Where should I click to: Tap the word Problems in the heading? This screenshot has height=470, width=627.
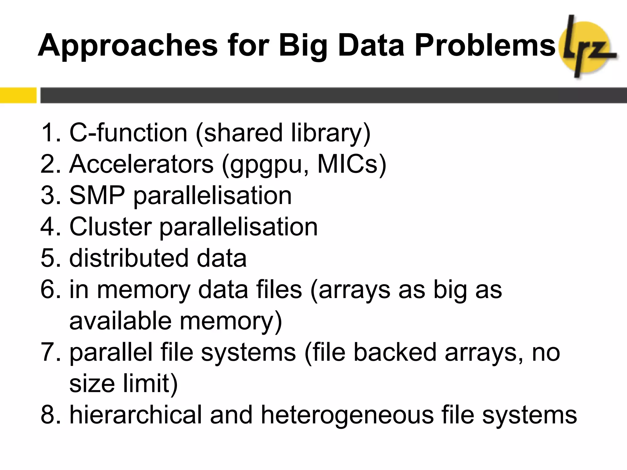pyautogui.click(x=485, y=45)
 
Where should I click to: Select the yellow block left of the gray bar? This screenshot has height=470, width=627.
pyautogui.click(x=18, y=95)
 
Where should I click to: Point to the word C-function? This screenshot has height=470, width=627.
pyautogui.click(x=128, y=133)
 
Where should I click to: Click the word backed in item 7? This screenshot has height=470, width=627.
pyautogui.click(x=395, y=352)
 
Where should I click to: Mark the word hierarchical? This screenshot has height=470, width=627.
pyautogui.click(x=135, y=415)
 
